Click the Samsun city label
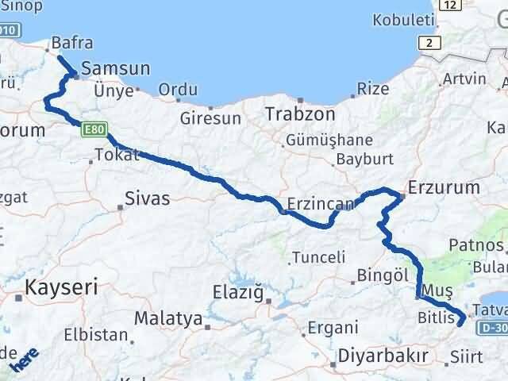pyautogui.click(x=121, y=69)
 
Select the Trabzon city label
pyautogui.click(x=296, y=114)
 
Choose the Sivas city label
pyautogui.click(x=147, y=198)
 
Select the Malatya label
pyautogui.click(x=167, y=319)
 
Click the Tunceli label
pyautogui.click(x=318, y=257)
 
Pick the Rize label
pyautogui.click(x=373, y=89)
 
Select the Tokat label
pyautogui.click(x=116, y=154)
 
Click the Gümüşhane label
pyautogui.click(x=328, y=139)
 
